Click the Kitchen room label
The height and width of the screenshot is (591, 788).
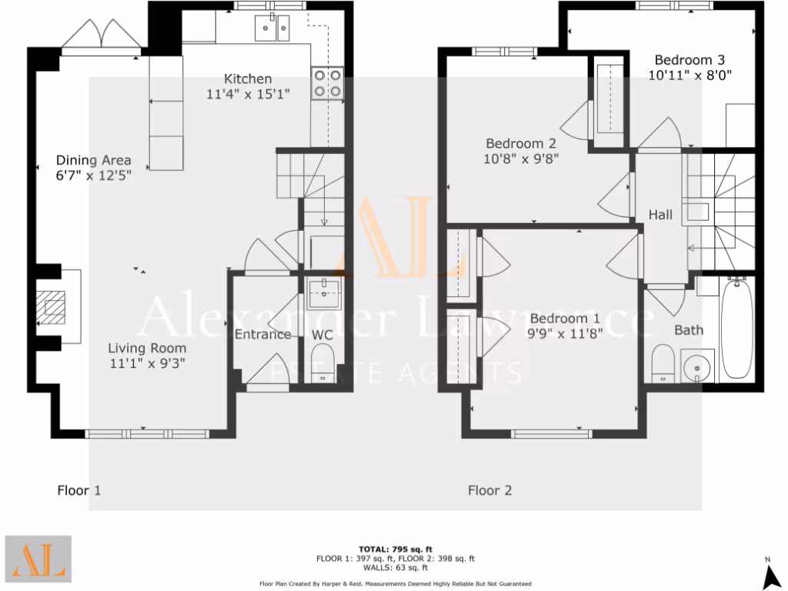pos(248,78)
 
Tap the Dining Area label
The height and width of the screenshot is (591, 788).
pos(93,161)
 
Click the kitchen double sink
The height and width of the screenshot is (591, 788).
pos(272,28)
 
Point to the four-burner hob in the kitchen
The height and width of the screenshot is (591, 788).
pos(327,83)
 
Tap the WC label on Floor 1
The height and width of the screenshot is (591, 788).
pos(322,335)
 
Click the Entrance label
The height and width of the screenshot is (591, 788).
pos(262,334)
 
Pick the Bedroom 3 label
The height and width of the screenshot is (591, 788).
pos(689,59)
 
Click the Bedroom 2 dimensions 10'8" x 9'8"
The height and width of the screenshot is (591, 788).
pos(522,159)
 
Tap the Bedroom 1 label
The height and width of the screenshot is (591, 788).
pos(565,319)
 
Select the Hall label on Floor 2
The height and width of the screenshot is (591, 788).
pos(660,215)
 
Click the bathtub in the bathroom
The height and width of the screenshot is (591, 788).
pos(736,329)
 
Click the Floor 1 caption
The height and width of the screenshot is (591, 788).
pos(79,489)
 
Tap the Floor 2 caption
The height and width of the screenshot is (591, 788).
pos(490,490)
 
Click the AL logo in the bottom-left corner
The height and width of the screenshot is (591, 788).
pos(38,559)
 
